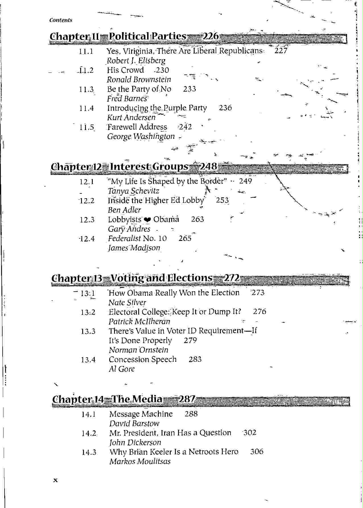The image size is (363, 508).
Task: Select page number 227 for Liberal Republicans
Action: point(281,51)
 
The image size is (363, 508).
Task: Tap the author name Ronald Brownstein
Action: point(139,80)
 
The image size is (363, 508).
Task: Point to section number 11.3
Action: point(86,89)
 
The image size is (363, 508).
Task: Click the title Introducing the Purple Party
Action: point(157,108)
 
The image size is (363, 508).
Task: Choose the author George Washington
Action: point(141,137)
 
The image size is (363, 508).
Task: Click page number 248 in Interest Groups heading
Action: point(208,166)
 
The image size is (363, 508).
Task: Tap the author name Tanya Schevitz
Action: point(133,191)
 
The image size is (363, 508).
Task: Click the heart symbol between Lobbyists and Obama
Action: point(147,220)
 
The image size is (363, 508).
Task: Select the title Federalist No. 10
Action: point(137,238)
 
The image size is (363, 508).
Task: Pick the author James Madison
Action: point(134,248)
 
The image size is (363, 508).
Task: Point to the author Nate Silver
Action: point(127,303)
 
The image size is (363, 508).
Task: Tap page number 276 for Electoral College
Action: point(259,312)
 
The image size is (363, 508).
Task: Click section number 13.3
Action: point(88,331)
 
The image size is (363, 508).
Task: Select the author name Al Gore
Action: point(122,369)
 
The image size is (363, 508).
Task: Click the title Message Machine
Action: point(141,414)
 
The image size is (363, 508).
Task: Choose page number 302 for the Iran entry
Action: point(250,433)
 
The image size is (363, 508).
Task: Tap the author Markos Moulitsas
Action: point(140,461)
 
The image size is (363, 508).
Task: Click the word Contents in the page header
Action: point(61,20)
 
